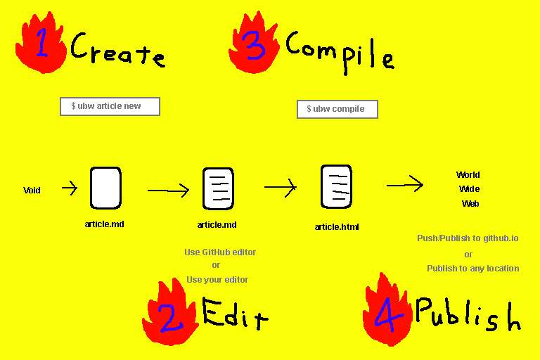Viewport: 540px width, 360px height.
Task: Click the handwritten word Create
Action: (x=117, y=51)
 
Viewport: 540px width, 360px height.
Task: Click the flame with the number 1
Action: (x=41, y=44)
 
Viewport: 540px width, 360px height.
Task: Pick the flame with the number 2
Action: (x=169, y=315)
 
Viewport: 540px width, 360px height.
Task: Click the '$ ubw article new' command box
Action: (x=110, y=106)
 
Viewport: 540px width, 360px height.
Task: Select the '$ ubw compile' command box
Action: (x=337, y=109)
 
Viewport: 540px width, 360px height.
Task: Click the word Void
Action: (x=32, y=191)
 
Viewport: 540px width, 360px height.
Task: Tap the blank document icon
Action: (x=105, y=188)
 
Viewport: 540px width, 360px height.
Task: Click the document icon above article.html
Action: (x=336, y=186)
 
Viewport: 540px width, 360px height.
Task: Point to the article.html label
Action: (x=337, y=226)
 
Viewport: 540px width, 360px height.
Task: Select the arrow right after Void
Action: (x=70, y=188)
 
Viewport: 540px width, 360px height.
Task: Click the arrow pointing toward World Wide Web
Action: (x=405, y=185)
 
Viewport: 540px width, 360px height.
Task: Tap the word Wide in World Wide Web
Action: (x=469, y=189)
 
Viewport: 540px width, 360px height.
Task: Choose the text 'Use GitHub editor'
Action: (x=220, y=252)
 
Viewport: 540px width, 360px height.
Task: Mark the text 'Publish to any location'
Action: (x=472, y=268)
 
